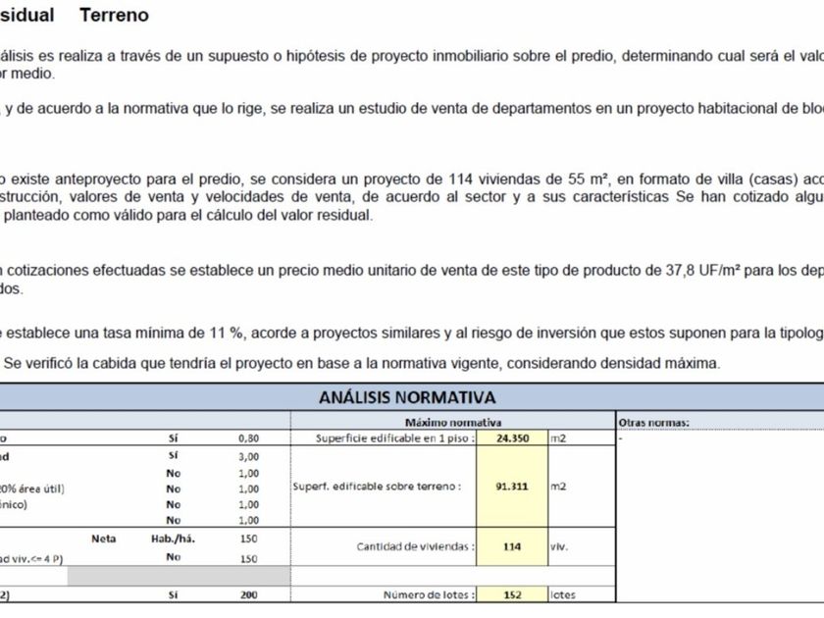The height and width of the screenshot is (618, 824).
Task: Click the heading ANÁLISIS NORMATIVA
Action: (406, 397)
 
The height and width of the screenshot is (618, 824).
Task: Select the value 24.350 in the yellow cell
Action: (512, 438)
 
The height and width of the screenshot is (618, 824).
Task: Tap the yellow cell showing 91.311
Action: (512, 485)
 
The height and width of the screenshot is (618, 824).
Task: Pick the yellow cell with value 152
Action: (512, 594)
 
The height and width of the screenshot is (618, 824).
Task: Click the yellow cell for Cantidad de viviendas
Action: (512, 546)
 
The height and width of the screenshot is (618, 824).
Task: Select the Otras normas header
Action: (654, 422)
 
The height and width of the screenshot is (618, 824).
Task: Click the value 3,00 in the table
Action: (248, 456)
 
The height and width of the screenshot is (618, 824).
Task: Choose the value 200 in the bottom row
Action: (248, 594)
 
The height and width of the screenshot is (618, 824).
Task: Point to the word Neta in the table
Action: (104, 539)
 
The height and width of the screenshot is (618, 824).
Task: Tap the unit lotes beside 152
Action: (563, 594)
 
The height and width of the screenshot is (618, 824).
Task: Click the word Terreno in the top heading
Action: (114, 15)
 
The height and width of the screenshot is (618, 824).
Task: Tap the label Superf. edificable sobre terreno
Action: (377, 486)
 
